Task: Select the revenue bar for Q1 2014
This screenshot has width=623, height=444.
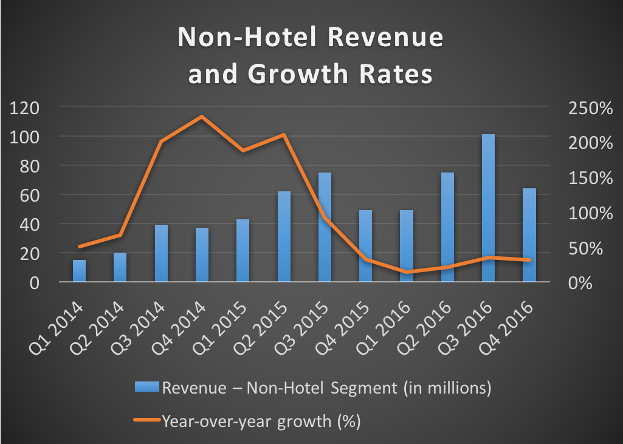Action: [80, 271]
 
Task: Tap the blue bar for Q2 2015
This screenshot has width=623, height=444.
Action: [284, 237]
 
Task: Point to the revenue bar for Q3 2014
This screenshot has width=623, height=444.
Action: [161, 253]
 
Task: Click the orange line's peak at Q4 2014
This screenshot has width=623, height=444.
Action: [202, 116]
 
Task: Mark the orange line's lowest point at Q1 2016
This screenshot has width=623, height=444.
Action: [407, 272]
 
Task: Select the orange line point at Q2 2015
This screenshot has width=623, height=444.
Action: [284, 135]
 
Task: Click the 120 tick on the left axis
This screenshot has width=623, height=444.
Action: [24, 108]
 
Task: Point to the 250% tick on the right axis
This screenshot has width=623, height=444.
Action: [588, 108]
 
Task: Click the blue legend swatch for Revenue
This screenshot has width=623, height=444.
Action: [146, 387]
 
